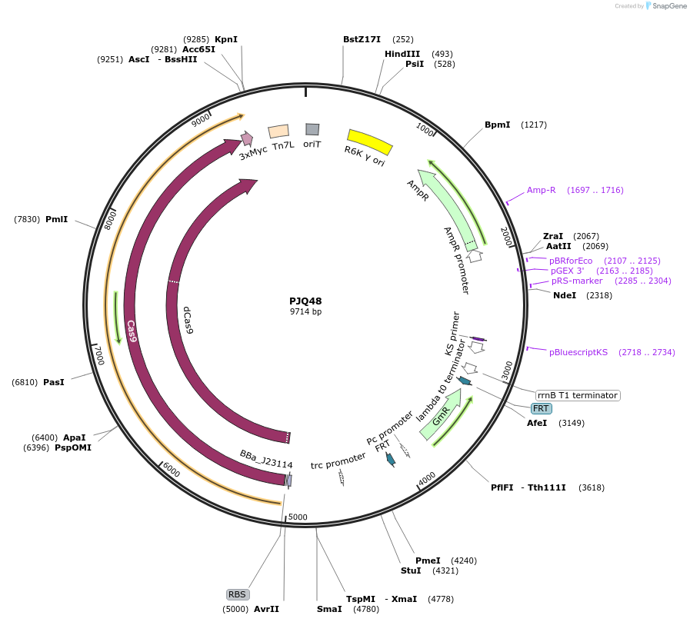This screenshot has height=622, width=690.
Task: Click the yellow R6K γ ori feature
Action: pos(370,141)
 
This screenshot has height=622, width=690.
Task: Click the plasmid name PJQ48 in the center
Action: pos(305,301)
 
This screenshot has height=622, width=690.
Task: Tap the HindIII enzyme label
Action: pos(402,54)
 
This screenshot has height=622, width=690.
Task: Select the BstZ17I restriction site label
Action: pos(362,39)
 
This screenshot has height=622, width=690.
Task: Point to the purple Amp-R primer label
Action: pos(541,190)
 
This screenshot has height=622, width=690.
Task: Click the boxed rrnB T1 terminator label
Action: pos(577,395)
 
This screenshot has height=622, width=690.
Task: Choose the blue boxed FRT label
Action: pos(541,408)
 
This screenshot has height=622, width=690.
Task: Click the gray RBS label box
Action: pos(237,594)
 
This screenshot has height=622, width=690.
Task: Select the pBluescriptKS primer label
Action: pos(578,352)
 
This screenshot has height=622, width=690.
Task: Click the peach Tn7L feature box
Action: pos(278,132)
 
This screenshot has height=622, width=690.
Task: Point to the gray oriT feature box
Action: pos(312,129)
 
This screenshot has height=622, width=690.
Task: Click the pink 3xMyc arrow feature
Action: pos(247,138)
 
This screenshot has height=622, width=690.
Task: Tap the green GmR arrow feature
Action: pos(442,415)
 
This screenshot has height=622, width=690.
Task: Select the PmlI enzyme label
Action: pos(56,219)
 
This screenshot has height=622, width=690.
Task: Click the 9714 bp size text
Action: pos(305,311)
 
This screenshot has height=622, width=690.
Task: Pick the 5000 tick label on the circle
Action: pos(297,517)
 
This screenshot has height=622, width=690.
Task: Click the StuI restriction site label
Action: pos(411,570)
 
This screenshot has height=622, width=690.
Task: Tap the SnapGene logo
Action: pos(666,5)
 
